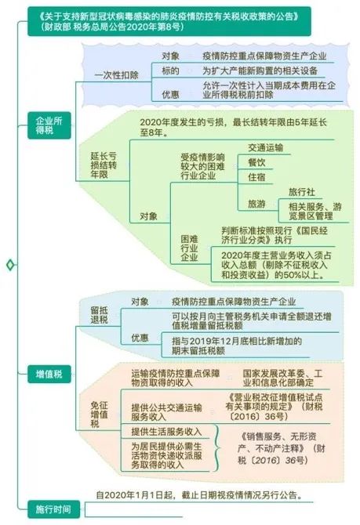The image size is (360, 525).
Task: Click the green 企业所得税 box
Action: point(49,125)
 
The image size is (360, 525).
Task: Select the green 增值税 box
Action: point(49,374)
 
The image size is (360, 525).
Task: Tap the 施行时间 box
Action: point(53,509)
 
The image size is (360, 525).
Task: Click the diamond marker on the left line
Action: point(10,265)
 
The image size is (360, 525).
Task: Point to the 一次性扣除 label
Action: point(117,75)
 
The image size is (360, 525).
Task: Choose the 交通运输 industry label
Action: point(265,147)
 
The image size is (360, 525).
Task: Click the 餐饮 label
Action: point(256,162)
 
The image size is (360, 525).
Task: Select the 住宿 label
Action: point(256,177)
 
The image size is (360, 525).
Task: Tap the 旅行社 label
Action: point(302,192)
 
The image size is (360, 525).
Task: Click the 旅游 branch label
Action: point(256,204)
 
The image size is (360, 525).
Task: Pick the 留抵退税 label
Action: point(100,315)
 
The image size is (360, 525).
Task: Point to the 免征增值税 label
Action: point(100,415)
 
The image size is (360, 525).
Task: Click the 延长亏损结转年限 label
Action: point(104,165)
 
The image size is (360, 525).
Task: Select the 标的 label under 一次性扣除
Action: point(171,71)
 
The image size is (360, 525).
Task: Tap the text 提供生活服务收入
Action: point(166,432)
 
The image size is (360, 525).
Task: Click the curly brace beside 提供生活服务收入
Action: point(216,448)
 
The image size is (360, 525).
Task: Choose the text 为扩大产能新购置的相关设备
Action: point(260,71)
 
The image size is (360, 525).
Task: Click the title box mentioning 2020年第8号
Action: point(169,21)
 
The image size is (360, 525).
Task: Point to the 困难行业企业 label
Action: point(189,248)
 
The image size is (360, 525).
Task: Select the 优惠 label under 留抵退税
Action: point(140,338)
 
